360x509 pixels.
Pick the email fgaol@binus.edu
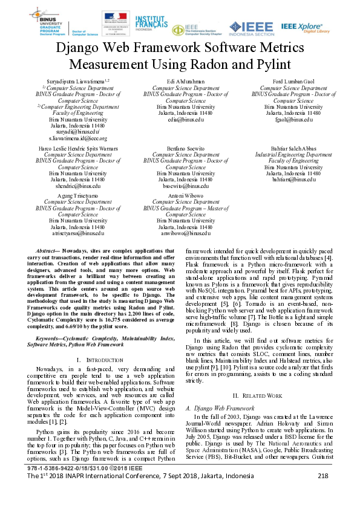293,119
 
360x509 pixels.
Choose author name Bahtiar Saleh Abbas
293,148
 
